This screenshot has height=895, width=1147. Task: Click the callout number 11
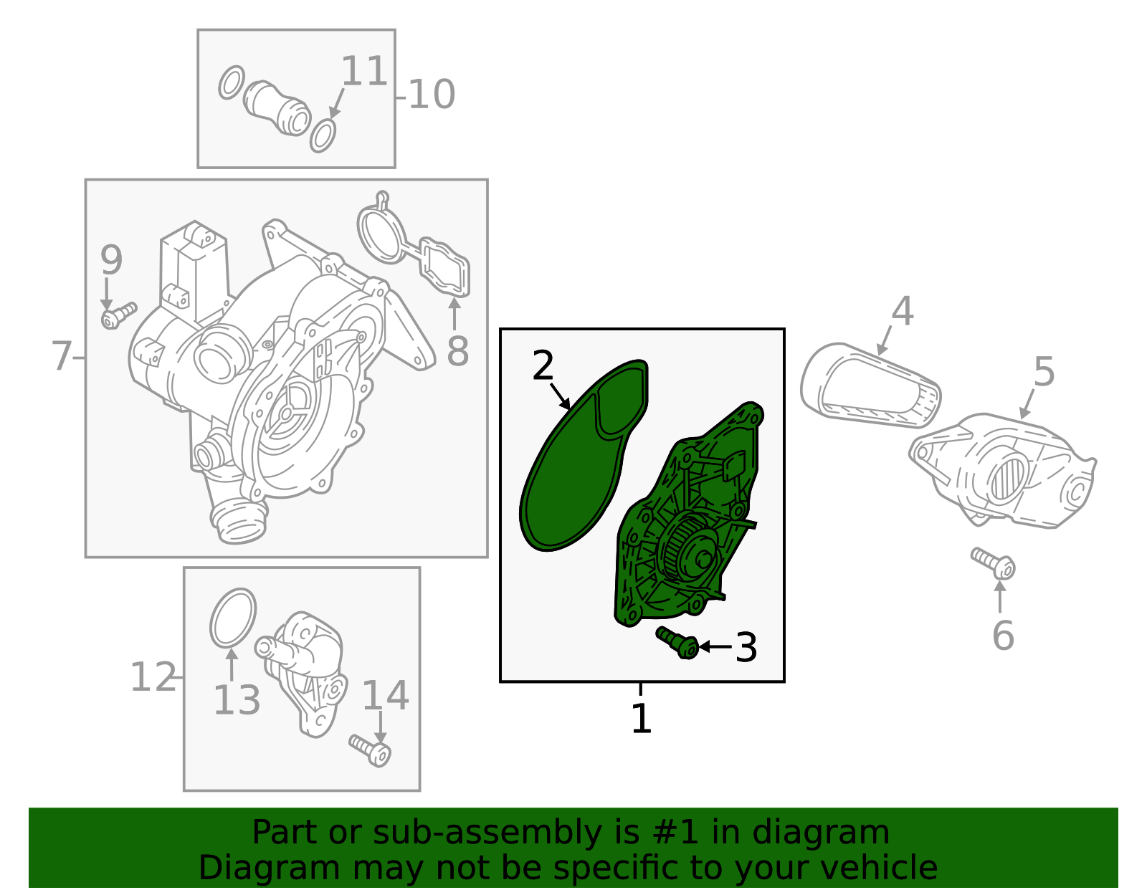coord(364,71)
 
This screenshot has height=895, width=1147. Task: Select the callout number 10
coord(432,95)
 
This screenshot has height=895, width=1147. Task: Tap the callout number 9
coord(111,259)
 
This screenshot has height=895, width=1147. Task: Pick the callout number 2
coord(543,365)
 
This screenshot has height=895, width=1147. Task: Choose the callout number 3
coord(746,647)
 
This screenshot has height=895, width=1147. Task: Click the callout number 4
coord(902,311)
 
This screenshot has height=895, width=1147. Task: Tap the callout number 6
coord(1003,636)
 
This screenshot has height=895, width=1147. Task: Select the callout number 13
coord(237,700)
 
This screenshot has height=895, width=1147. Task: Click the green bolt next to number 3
coord(677,642)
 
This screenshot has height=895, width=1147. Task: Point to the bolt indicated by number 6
coord(993,563)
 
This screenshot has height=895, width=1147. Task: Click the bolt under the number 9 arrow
coord(119,316)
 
